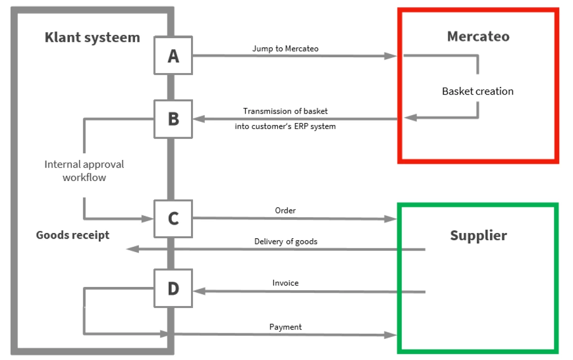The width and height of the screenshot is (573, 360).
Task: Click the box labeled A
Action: pyautogui.click(x=173, y=55)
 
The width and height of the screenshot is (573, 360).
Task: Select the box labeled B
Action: pyautogui.click(x=173, y=119)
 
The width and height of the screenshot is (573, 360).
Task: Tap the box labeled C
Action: pyautogui.click(x=173, y=219)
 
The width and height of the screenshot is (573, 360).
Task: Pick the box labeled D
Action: pyautogui.click(x=173, y=288)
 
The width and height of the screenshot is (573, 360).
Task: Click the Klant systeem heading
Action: pyautogui.click(x=92, y=37)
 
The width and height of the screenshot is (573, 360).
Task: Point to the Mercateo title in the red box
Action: pyautogui.click(x=478, y=36)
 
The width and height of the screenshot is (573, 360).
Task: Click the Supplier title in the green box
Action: pyautogui.click(x=478, y=235)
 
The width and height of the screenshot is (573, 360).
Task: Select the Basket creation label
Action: pyautogui.click(x=477, y=91)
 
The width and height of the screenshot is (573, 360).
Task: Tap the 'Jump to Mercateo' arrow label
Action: pyautogui.click(x=286, y=48)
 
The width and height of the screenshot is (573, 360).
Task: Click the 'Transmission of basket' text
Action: pyautogui.click(x=286, y=111)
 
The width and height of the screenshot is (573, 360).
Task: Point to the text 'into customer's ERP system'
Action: pyautogui.click(x=285, y=127)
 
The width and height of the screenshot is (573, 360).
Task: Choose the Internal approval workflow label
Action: pyautogui.click(x=84, y=170)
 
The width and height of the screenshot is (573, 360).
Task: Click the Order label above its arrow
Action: pyautogui.click(x=286, y=210)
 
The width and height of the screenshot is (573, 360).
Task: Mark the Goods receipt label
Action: pyautogui.click(x=73, y=235)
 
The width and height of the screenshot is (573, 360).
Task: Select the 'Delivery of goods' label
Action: pyautogui.click(x=286, y=241)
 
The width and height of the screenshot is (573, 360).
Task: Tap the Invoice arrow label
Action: pyautogui.click(x=286, y=283)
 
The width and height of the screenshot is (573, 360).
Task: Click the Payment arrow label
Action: pyautogui.click(x=286, y=327)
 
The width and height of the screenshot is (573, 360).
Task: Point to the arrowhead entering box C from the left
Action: pyautogui.click(x=149, y=219)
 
